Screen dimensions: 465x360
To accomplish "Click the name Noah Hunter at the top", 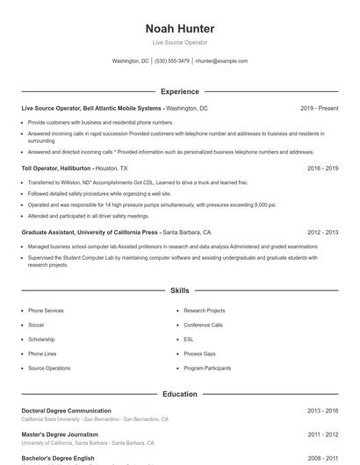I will pyautogui.click(x=179, y=28).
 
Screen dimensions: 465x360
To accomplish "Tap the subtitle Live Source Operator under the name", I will pyautogui.click(x=179, y=42).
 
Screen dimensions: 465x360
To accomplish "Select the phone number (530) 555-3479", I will pyautogui.click(x=172, y=61).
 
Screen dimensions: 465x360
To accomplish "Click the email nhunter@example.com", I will pyautogui.click(x=221, y=61).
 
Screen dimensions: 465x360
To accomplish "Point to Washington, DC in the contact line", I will pyautogui.click(x=131, y=61).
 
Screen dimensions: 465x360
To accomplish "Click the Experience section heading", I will pyautogui.click(x=179, y=91).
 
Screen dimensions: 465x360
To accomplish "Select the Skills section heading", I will pyautogui.click(x=179, y=290).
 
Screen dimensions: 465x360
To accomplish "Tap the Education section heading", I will pyautogui.click(x=179, y=394).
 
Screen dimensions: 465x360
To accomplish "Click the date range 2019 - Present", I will pyautogui.click(x=319, y=108).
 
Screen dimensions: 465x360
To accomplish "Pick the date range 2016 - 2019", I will pyautogui.click(x=322, y=168).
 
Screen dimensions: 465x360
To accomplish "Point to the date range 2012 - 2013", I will pyautogui.click(x=322, y=232).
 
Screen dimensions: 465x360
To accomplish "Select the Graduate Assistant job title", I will pyautogui.click(x=89, y=232).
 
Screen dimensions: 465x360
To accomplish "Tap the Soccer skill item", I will pyautogui.click(x=37, y=325).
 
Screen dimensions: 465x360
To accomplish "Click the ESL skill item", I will pyautogui.click(x=189, y=339).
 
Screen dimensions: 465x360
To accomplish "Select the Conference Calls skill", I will pyautogui.click(x=203, y=325).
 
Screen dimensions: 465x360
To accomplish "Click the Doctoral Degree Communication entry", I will pyautogui.click(x=66, y=411).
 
